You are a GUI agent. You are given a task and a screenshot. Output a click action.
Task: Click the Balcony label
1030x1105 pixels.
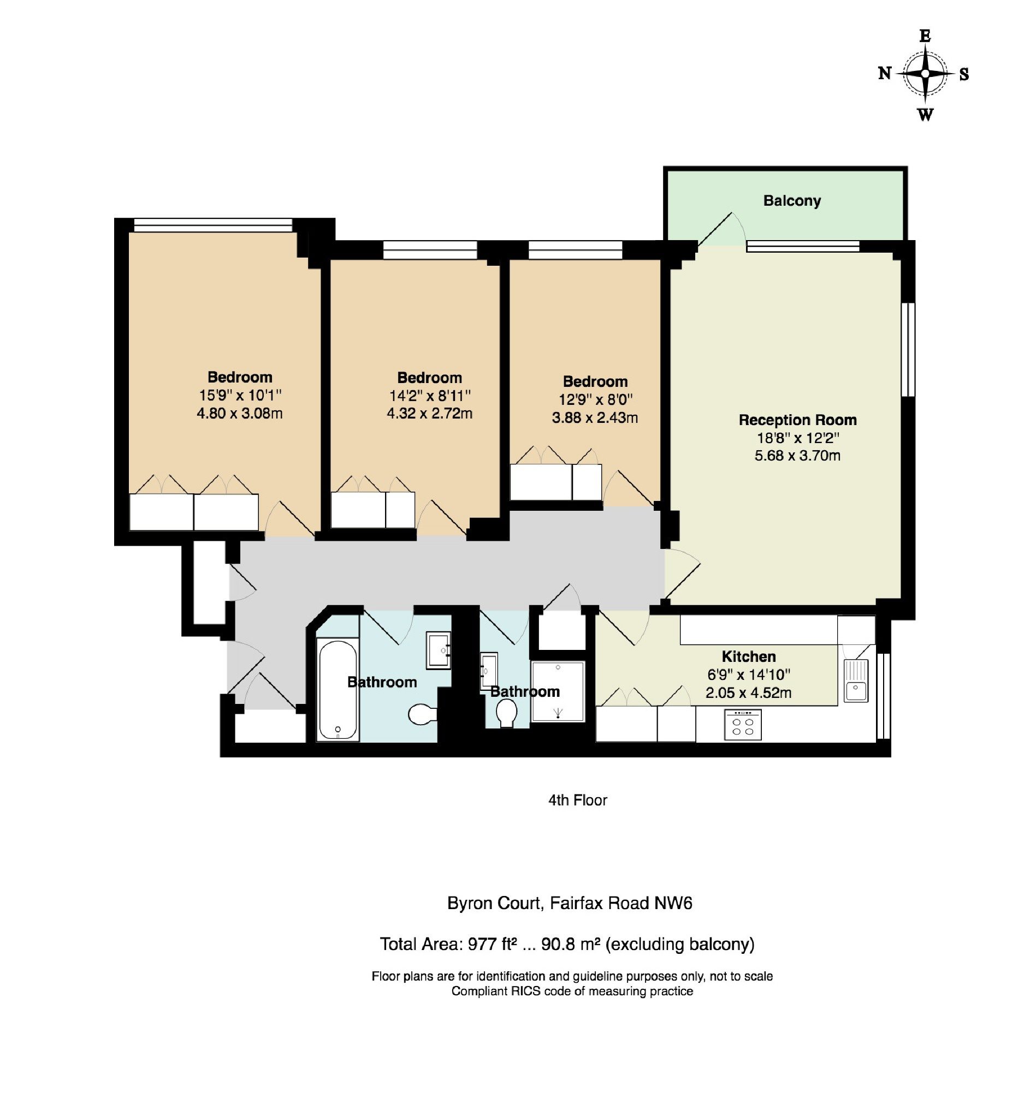(791, 201)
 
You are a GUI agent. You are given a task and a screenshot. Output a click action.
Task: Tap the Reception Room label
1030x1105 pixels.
(797, 420)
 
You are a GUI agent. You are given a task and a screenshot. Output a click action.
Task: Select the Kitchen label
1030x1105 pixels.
(748, 656)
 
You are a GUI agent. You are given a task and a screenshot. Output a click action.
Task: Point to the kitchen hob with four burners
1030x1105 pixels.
(743, 724)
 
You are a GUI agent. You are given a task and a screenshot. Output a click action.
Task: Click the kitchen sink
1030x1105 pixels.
(855, 681)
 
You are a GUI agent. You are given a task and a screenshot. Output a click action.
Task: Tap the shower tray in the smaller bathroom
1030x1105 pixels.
(557, 691)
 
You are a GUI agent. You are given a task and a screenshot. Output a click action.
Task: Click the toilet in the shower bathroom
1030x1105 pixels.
(506, 712)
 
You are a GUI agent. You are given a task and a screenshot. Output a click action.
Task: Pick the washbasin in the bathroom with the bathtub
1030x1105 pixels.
(438, 650)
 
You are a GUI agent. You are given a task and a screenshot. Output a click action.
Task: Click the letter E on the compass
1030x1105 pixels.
(925, 36)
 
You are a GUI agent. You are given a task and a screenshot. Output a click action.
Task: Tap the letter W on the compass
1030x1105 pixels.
(925, 115)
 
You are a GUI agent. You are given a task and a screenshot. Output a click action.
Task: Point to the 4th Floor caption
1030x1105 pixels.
(577, 801)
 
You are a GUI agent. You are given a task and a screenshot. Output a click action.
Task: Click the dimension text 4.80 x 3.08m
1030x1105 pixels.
(240, 414)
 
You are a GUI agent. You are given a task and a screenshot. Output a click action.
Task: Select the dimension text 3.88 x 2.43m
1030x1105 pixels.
(595, 417)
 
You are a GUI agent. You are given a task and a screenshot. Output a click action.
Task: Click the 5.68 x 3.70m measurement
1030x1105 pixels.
(797, 456)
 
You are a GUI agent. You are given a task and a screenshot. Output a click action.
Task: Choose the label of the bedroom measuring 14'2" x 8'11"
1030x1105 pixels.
(429, 378)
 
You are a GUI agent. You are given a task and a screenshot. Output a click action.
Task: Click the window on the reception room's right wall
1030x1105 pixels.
(908, 349)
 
